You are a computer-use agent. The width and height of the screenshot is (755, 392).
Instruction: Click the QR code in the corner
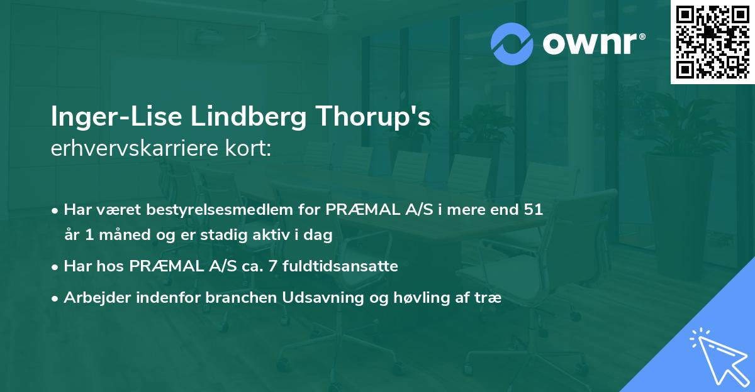712,41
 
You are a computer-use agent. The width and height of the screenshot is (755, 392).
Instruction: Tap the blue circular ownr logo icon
511,44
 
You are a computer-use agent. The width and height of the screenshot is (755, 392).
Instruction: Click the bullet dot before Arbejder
56,298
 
